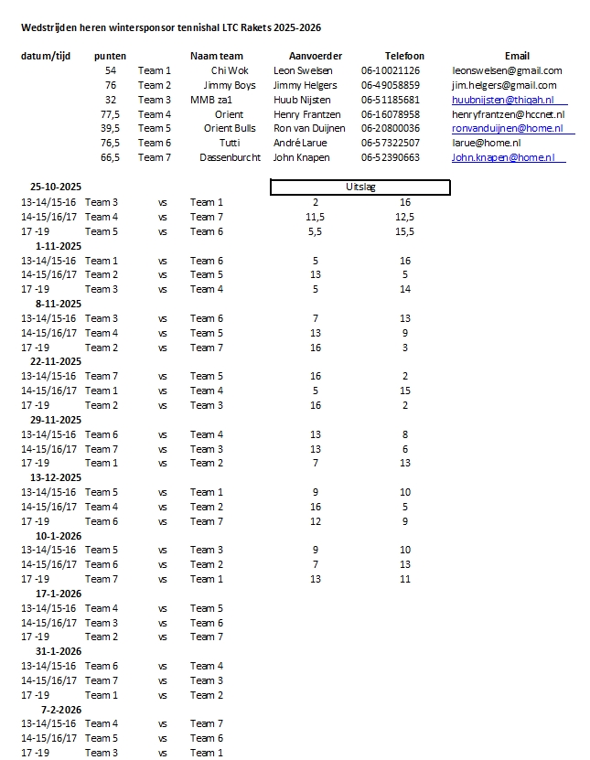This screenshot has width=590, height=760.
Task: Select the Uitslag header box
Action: (360, 187)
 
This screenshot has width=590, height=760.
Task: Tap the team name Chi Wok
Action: (229, 70)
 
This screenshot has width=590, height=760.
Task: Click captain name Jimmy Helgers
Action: (306, 85)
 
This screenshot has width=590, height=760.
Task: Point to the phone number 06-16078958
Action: (391, 114)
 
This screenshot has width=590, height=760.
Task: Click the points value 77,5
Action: (111, 114)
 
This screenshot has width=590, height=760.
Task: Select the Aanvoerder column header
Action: (316, 56)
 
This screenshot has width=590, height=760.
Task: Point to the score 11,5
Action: (316, 217)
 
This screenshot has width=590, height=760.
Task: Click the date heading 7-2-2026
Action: (61, 709)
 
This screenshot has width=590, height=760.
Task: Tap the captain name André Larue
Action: (301, 143)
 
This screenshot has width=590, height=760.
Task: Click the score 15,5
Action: (405, 231)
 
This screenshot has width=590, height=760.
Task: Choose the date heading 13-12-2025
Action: (56, 477)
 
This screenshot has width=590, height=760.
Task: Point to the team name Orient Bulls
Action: (230, 129)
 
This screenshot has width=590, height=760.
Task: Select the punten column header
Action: (111, 56)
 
